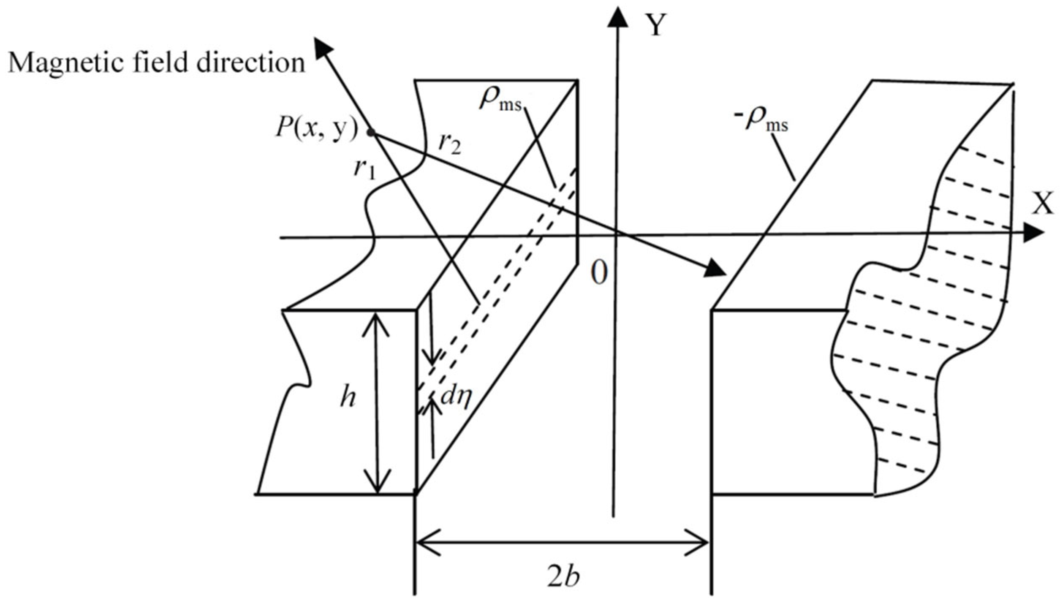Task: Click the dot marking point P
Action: (371, 133)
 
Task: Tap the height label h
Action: (348, 399)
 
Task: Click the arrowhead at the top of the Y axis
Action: (617, 17)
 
